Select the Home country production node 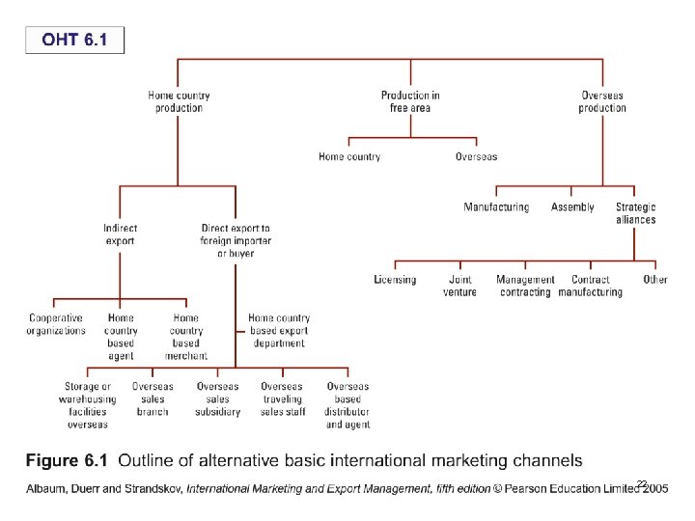179,101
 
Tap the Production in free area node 410,101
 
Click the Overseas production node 602,101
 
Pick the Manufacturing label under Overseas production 496,207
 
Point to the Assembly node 572,207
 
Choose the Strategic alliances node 635,213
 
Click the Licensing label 395,280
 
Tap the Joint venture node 459,286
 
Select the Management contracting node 525,286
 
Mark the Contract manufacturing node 590,286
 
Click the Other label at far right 655,280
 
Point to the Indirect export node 121,234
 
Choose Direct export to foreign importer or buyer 236,240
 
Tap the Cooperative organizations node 56,324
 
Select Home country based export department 279,330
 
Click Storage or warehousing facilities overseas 88,405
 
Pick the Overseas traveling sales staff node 283,399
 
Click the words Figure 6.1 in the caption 66,460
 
